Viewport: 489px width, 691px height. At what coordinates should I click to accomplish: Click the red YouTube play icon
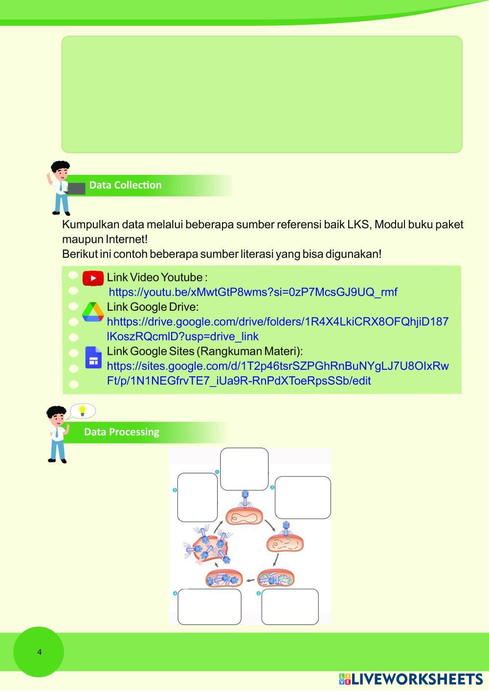click(93, 278)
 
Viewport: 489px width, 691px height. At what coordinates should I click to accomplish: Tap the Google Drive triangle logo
click(92, 312)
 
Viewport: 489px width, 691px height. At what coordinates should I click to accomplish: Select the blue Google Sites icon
click(93, 357)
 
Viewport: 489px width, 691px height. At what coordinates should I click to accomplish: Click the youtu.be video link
click(253, 292)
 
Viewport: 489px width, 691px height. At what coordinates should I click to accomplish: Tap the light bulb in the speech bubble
click(83, 410)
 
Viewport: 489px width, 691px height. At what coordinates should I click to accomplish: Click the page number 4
click(40, 652)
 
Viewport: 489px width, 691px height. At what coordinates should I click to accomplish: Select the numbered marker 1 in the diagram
click(217, 472)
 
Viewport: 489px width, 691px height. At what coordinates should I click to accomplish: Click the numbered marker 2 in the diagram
click(272, 487)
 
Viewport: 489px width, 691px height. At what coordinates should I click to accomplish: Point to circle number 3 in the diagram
click(259, 593)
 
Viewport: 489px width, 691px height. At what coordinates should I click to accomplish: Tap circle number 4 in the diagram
click(175, 593)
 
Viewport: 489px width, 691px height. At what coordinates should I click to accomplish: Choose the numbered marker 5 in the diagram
click(175, 490)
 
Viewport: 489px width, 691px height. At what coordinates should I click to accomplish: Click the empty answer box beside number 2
click(303, 497)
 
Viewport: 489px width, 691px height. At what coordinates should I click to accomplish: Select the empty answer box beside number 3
click(290, 606)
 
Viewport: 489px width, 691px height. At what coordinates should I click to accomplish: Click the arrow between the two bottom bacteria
click(250, 581)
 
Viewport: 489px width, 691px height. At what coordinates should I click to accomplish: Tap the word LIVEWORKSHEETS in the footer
click(417, 679)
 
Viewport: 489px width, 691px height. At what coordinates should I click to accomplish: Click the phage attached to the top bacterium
click(244, 499)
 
